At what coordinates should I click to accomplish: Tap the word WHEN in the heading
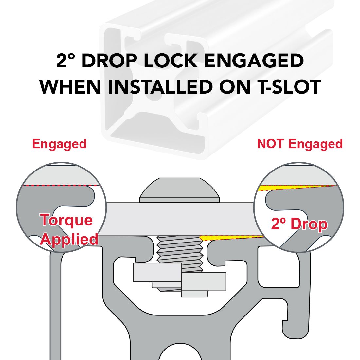coord(70,87)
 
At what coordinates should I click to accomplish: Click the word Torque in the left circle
coord(66,220)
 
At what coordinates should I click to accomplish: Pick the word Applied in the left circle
coord(69,240)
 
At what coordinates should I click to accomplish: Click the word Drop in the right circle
coord(309,224)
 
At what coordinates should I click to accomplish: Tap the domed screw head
coord(180,190)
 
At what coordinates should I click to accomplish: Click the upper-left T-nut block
coord(157,273)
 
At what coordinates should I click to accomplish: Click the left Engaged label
coord(59,144)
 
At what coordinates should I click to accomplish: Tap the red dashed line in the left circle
coord(61,185)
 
